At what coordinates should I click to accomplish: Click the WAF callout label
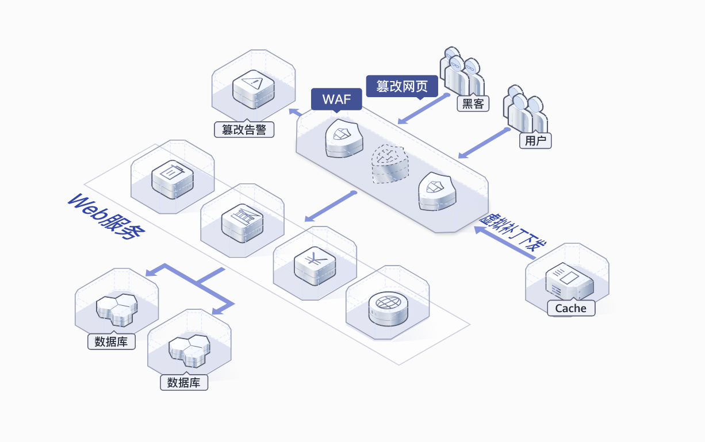tap(336, 99)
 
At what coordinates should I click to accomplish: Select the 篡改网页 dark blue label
tap(402, 86)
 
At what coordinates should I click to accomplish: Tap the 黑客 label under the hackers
tap(473, 103)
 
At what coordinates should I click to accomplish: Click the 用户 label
tap(535, 140)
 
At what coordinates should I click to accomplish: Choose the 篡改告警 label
tap(244, 130)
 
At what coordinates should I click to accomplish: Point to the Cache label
tap(571, 308)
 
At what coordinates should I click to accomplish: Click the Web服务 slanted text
tap(106, 217)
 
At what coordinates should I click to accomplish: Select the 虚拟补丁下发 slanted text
tap(512, 232)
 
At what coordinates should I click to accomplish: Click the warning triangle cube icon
tap(254, 89)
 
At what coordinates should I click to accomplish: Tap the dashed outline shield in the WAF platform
tap(390, 164)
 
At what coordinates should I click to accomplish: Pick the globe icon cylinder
tap(388, 308)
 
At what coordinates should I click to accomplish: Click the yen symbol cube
tap(315, 266)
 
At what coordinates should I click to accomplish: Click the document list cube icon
tap(173, 180)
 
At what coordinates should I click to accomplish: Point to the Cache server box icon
tap(569, 281)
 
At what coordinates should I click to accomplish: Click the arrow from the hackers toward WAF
tap(424, 109)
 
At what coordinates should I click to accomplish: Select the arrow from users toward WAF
tap(484, 143)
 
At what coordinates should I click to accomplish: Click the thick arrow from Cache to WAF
tap(505, 243)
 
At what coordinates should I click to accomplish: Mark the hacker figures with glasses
tap(462, 72)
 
